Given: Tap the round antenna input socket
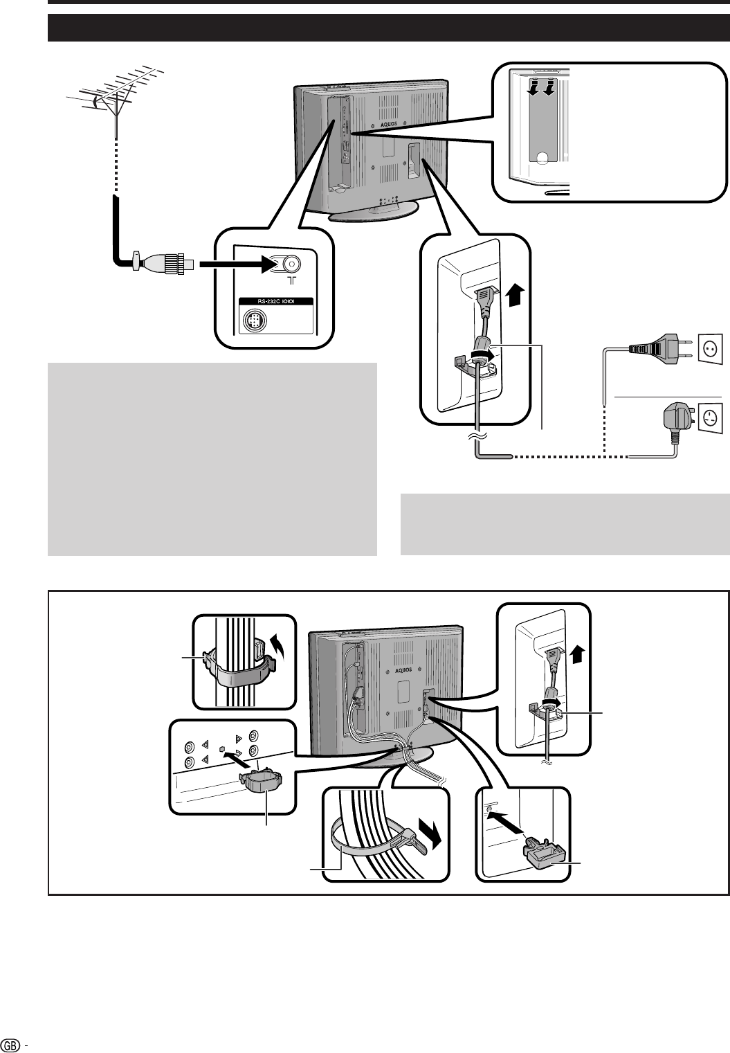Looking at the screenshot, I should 291,264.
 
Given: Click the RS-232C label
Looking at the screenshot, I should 275,302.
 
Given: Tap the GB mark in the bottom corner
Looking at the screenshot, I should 9,1045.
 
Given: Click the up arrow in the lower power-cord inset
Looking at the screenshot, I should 578,651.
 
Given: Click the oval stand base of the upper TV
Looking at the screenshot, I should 374,212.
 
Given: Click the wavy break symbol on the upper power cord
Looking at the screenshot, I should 476,435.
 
